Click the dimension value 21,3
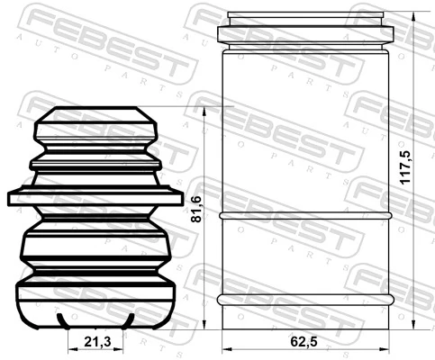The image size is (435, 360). click(98, 341)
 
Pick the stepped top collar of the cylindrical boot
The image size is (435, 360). click(307, 30)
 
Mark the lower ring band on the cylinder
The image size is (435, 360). click(307, 297)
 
